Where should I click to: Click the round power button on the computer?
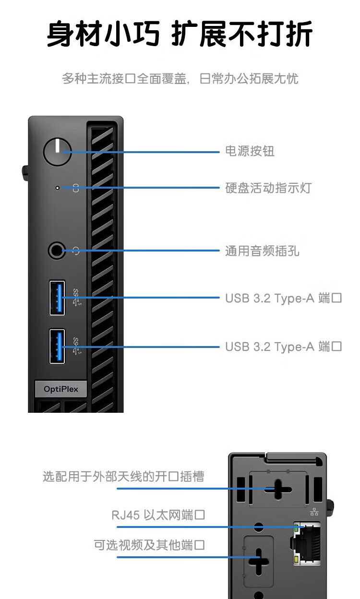(57, 152)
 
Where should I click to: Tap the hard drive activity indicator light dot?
(58, 188)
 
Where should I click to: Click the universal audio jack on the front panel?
(57, 250)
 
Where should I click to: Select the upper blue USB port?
(57, 298)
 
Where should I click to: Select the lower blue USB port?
(57, 346)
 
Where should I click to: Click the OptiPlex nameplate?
(60, 389)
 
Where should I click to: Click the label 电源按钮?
(250, 151)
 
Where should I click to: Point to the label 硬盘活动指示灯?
(268, 188)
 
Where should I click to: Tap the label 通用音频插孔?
(262, 251)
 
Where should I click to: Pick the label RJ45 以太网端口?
(158, 515)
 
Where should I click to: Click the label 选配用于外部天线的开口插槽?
(123, 476)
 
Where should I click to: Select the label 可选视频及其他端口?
(149, 545)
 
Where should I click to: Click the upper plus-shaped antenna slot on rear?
(276, 490)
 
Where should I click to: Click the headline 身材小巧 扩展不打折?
(180, 34)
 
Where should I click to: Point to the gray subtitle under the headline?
(180, 78)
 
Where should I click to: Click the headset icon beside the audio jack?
(75, 250)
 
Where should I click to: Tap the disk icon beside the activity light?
(75, 188)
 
